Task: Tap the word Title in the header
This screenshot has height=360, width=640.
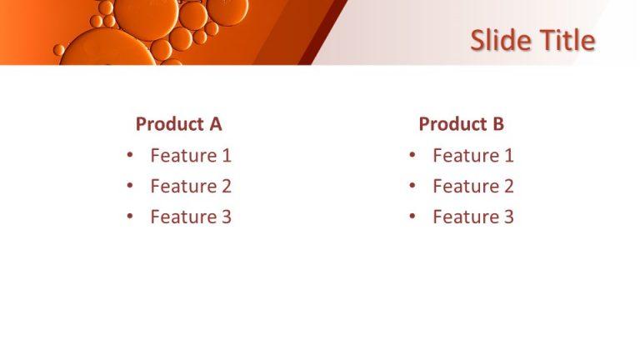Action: tap(565, 40)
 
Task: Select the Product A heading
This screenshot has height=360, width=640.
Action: tap(178, 124)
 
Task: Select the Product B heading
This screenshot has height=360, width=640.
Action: tap(461, 124)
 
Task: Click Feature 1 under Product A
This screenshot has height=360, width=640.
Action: tap(190, 155)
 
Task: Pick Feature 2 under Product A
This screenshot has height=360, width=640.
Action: tap(190, 186)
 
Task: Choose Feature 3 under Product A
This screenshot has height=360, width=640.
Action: tap(190, 217)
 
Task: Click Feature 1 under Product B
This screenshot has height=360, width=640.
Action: tap(472, 155)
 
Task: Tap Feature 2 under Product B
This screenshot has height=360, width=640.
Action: tap(472, 186)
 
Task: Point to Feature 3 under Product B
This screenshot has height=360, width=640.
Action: tap(472, 217)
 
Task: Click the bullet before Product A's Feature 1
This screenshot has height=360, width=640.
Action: tap(129, 155)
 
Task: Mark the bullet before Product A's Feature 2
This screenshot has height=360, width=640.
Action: tap(129, 186)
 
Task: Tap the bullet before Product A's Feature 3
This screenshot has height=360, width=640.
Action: tap(129, 217)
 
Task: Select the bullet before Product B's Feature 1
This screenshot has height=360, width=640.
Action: tap(412, 155)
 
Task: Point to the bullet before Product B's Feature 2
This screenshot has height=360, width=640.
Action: tap(412, 186)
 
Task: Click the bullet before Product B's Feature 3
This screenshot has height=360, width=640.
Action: tap(412, 217)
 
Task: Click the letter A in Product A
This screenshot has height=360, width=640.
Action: tap(215, 124)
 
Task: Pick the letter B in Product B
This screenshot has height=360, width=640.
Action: tap(497, 124)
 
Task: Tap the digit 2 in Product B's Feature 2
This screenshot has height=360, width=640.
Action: tap(508, 186)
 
